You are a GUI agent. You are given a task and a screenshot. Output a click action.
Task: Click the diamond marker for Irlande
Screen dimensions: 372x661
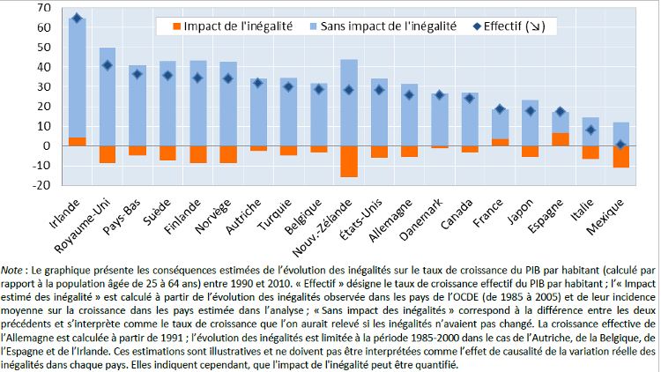77,19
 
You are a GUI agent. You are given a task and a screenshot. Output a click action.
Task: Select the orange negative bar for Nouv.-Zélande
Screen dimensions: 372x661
348,161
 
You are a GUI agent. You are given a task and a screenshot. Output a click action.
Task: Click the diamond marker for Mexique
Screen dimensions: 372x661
621,145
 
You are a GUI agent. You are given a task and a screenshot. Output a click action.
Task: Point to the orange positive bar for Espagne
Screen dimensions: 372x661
560,139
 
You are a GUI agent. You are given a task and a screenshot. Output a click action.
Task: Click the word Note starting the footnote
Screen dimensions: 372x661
14,267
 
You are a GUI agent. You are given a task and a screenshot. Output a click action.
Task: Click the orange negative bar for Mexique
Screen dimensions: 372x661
620,156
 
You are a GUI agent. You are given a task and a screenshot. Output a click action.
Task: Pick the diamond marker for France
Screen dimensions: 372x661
499,109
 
